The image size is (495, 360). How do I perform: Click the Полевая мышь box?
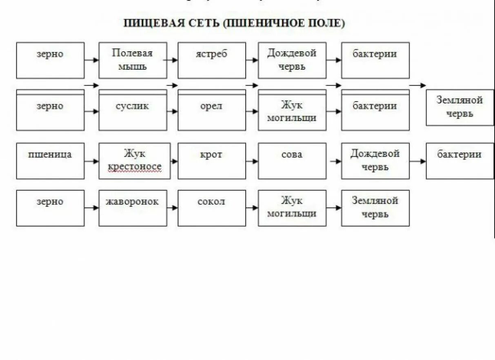point(133,60)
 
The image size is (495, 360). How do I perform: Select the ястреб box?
point(211,60)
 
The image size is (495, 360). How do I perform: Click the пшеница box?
point(50,161)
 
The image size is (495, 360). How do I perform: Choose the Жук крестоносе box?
point(134,161)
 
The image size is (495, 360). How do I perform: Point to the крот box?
point(211,161)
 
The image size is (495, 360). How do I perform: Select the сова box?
point(292,161)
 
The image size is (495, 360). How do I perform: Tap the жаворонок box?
point(133,208)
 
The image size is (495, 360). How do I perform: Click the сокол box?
point(211,208)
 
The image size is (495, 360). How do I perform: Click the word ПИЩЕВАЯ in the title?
point(150,23)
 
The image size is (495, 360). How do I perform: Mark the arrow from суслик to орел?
point(173,111)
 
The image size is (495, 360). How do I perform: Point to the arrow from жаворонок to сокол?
point(173,208)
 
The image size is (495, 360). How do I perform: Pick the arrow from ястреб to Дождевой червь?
point(252,60)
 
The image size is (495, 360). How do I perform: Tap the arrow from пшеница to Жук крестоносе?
point(92,161)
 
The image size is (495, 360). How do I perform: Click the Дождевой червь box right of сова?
point(375,161)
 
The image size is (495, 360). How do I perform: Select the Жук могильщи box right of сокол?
point(292,208)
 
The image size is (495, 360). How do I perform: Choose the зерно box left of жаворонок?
point(50,208)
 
